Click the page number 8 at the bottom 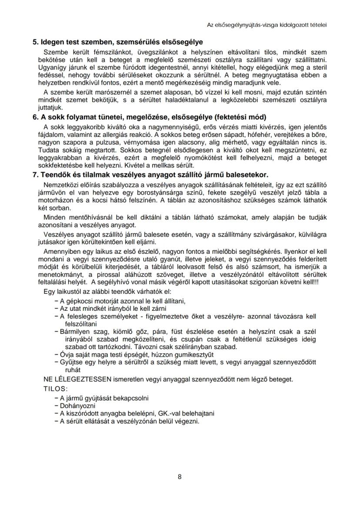180,476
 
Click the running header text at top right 267,25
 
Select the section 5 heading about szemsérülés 118,43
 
